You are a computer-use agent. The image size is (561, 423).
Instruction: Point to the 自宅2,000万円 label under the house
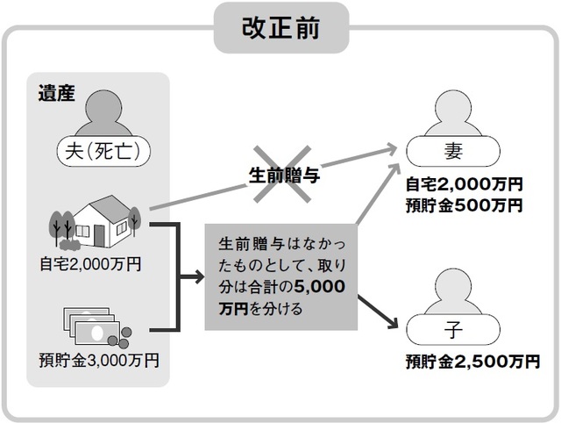89,262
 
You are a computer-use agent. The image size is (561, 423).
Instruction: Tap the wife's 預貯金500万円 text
464,206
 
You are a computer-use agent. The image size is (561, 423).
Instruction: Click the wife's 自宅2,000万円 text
464,186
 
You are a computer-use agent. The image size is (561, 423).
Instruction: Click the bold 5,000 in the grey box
320,287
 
